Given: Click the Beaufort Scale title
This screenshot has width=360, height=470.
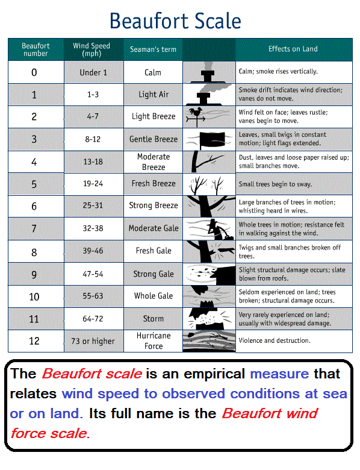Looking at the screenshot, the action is pos(175,21).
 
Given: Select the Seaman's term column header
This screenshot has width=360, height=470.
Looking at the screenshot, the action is pos(153,49).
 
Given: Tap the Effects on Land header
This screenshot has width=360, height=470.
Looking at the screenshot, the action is pos(293,49).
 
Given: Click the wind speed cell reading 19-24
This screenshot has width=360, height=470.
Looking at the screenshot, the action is pos(93,184).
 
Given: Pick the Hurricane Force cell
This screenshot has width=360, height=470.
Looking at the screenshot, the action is pos(154,341).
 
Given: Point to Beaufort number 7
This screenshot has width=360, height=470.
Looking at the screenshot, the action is pos(34,228).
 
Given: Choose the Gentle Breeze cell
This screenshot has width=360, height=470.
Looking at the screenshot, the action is pos(154,139).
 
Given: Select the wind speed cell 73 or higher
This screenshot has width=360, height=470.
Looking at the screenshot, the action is pos(93,341).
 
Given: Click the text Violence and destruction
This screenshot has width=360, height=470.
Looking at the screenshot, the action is pos(275,340).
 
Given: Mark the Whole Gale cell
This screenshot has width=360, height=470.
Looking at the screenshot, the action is pos(154,296).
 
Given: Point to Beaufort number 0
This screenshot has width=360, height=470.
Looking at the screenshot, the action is pos(34,72).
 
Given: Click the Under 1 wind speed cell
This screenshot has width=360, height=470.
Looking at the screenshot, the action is pos(93,72).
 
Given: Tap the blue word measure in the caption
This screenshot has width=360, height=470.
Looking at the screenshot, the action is pos(279,374).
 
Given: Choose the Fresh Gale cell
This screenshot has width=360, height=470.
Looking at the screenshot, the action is pos(154,251).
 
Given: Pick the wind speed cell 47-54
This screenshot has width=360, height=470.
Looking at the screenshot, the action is pos(93,274).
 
